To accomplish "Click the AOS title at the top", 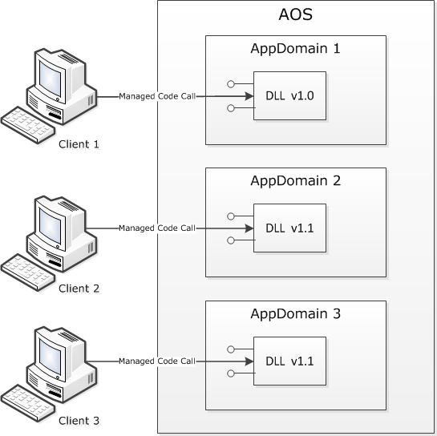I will coord(295,15).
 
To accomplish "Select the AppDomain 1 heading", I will coord(295,48).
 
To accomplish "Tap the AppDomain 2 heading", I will coord(295,180).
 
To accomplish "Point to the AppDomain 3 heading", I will coord(295,313).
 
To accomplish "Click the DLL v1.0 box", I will coord(289,95).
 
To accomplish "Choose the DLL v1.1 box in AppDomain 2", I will coord(289,228).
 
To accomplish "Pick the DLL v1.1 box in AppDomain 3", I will coord(289,361).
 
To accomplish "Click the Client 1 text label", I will coord(79,144).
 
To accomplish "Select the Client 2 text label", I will coord(79,288).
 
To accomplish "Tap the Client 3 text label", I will coord(79,421).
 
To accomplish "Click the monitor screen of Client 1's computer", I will coord(51,76).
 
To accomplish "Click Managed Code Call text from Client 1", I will coord(157,96).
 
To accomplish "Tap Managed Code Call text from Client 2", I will coord(157,228).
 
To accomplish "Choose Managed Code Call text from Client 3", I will coord(157,361).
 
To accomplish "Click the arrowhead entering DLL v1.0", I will coord(248,96).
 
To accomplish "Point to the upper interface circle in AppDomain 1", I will coord(230,83).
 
